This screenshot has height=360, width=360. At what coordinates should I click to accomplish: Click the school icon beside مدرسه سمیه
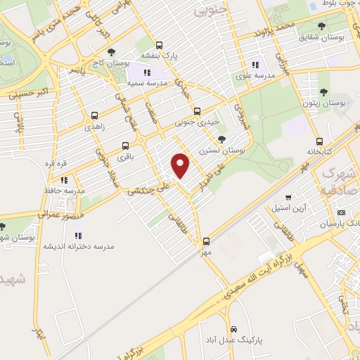(147, 72)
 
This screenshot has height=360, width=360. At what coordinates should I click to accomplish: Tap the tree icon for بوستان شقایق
(321, 27)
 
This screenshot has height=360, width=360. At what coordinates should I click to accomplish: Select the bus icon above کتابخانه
(320, 141)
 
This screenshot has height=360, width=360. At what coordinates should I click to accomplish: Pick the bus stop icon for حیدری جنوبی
(197, 110)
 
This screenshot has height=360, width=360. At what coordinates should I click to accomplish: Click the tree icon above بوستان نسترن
(222, 139)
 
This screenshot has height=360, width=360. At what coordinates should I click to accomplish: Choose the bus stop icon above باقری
(125, 146)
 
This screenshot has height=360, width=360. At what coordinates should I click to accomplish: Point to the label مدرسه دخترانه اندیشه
(79, 247)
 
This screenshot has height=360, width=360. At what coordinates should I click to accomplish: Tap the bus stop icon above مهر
(205, 240)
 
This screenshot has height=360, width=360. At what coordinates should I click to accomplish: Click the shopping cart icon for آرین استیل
(288, 198)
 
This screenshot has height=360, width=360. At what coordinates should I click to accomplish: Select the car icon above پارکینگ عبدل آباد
(234, 328)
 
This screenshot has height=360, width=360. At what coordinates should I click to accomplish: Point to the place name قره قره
(56, 164)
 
